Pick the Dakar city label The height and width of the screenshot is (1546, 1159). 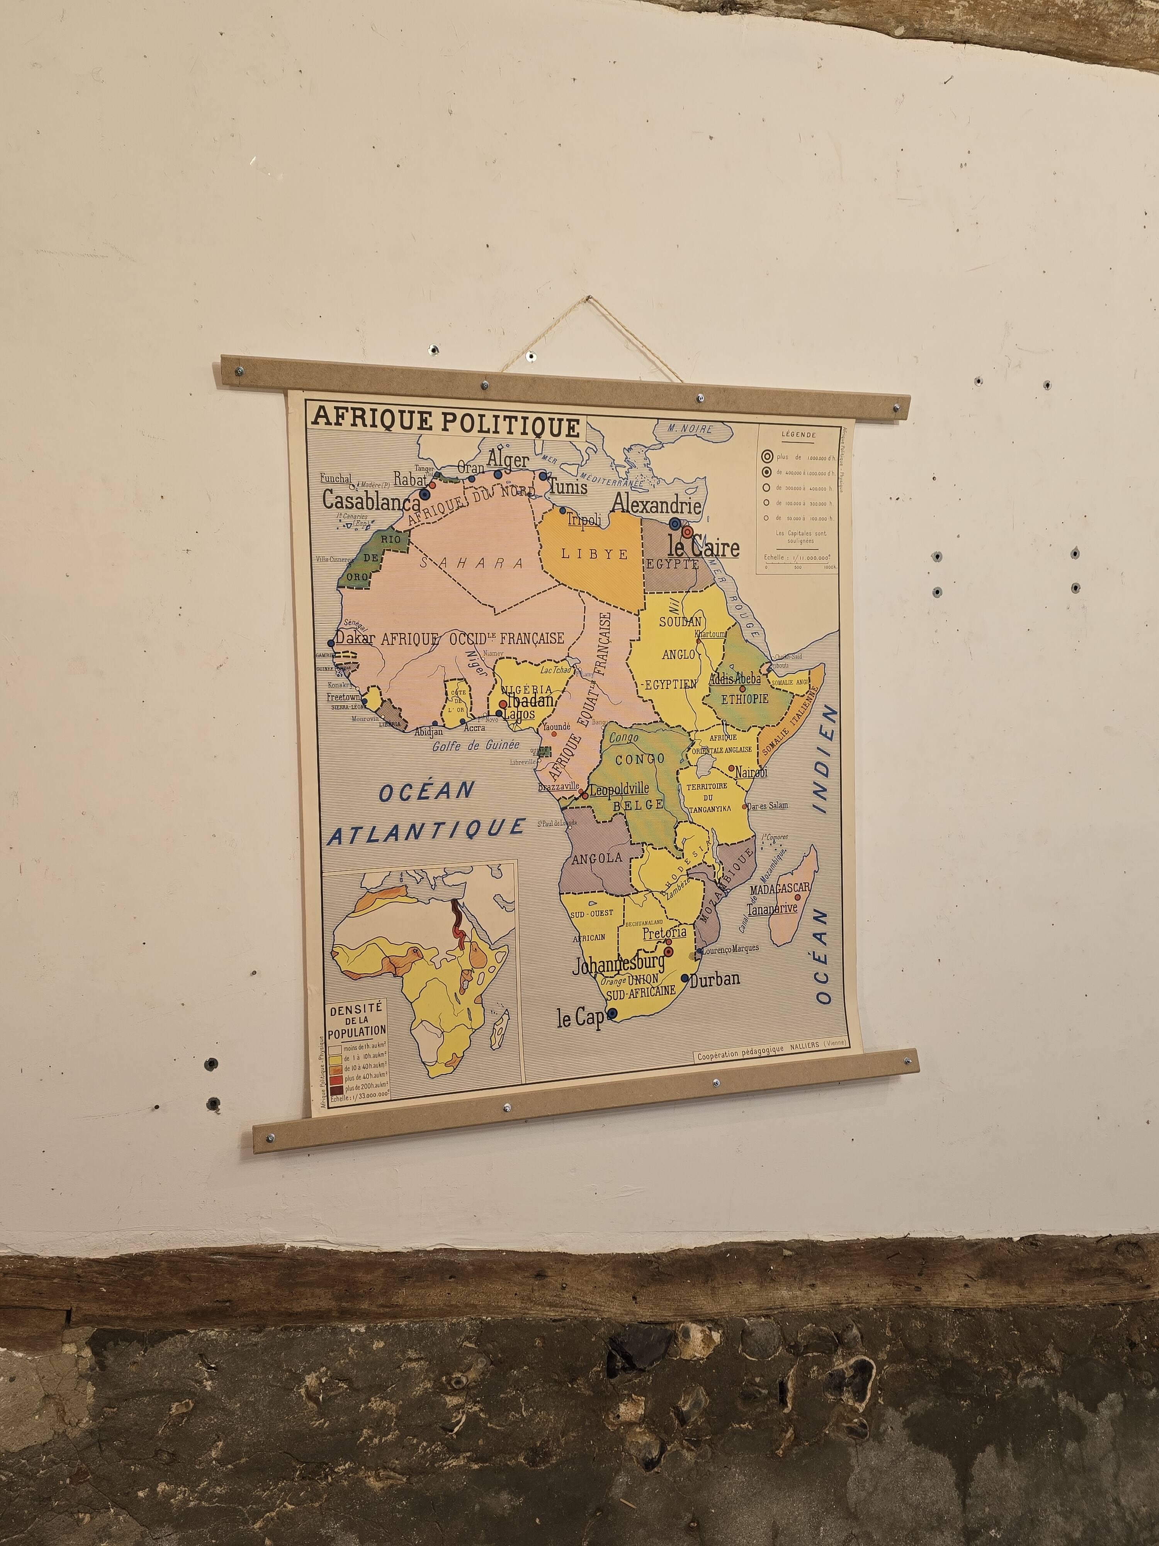355,637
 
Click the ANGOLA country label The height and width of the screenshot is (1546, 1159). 596,858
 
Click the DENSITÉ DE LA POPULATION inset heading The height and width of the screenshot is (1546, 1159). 356,1020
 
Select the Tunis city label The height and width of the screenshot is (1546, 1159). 567,486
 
